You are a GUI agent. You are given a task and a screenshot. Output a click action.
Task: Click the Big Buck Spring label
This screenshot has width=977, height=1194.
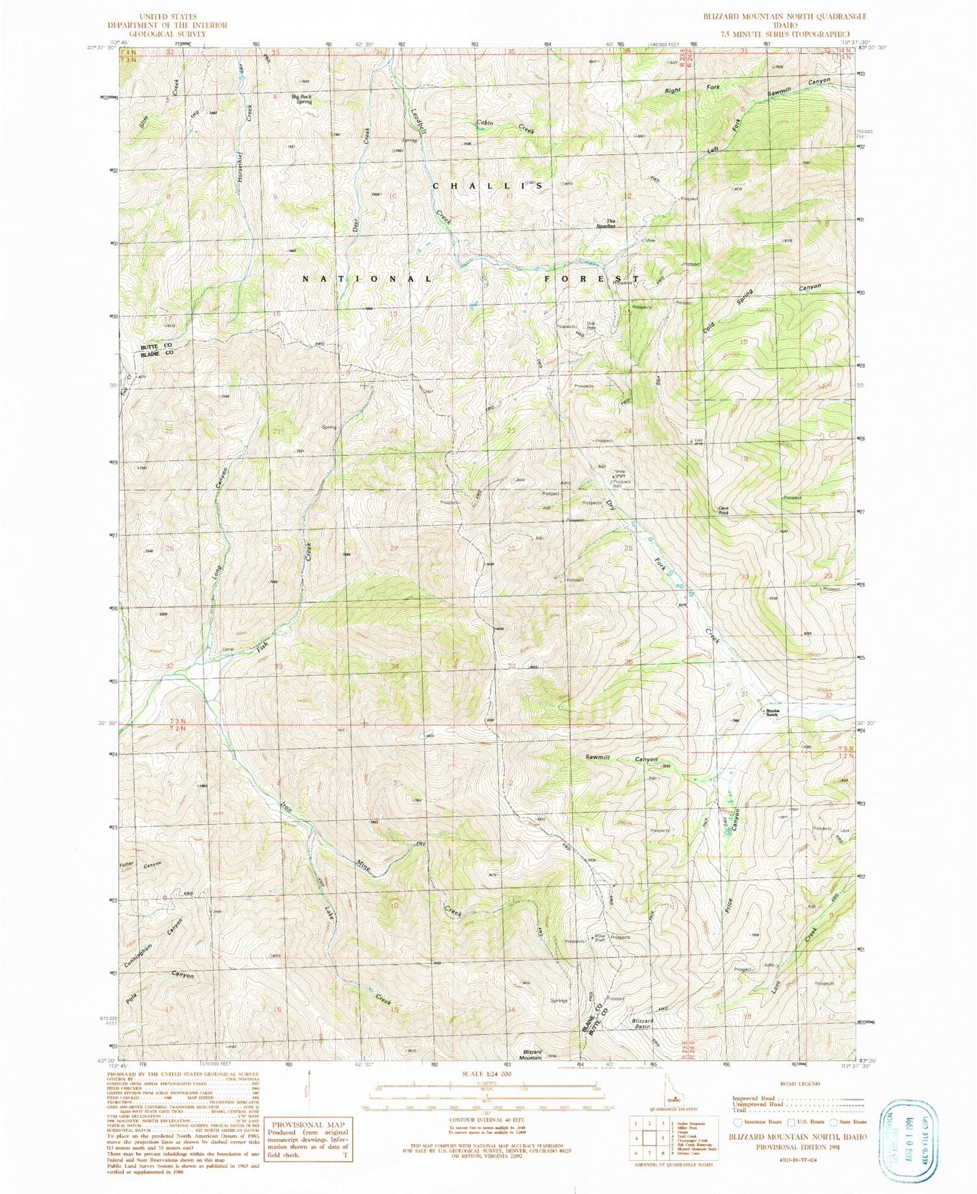pyautogui.click(x=302, y=99)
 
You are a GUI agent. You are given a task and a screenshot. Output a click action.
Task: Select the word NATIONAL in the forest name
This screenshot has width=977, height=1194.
pyautogui.click(x=366, y=279)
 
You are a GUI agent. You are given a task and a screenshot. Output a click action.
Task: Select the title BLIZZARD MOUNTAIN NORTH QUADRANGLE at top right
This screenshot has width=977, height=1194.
pyautogui.click(x=785, y=16)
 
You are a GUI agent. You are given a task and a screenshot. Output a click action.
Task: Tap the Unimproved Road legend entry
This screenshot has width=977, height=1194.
pyautogui.click(x=761, y=1104)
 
